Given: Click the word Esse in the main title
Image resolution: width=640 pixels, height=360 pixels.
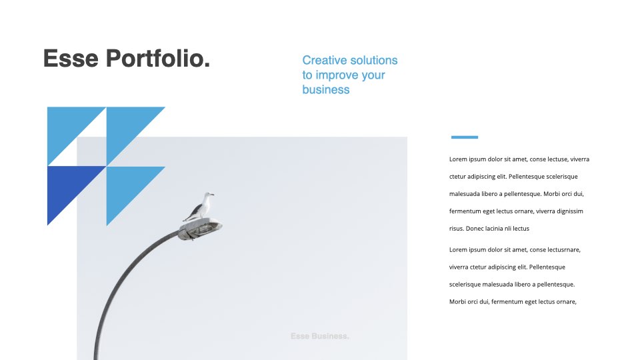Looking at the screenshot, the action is (x=71, y=59).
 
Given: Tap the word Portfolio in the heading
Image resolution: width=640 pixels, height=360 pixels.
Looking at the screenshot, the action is (x=153, y=58).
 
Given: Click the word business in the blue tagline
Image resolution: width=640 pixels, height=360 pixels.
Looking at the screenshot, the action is (x=326, y=89).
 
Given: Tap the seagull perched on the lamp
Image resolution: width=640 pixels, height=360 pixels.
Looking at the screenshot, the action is (x=199, y=207).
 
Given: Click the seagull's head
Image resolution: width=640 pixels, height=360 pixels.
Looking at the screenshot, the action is (x=209, y=195).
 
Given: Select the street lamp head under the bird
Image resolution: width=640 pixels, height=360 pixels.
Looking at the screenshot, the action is (x=200, y=229).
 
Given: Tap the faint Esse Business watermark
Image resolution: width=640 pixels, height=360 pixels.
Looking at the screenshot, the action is (x=319, y=336).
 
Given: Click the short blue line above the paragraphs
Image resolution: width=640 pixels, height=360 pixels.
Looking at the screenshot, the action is (x=465, y=137).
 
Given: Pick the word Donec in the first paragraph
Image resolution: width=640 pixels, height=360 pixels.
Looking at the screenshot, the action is (x=474, y=229).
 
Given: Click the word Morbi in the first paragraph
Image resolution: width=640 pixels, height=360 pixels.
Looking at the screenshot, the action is (x=552, y=194).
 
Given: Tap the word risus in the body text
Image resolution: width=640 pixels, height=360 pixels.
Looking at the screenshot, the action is (x=456, y=229).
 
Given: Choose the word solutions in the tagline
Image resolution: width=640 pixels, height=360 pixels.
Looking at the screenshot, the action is (x=374, y=60).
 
